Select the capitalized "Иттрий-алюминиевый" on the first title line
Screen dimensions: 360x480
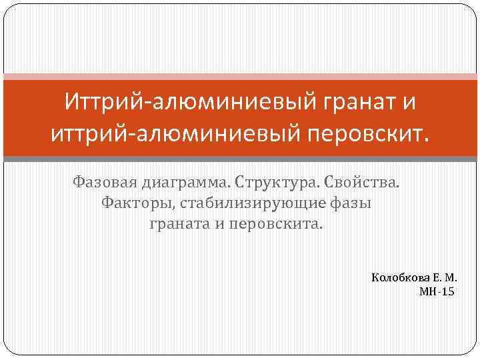175,102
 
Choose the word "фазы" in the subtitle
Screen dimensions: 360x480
354,203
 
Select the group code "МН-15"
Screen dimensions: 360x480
437,291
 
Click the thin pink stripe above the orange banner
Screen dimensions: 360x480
240,76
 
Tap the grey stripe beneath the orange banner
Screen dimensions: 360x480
240,159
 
